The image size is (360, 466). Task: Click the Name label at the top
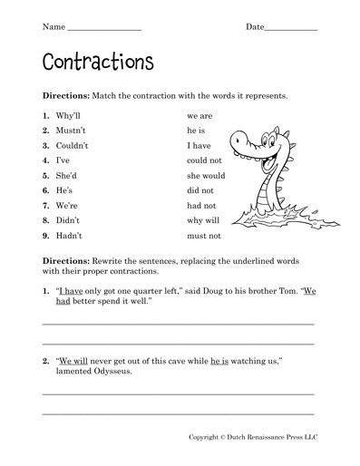click(x=54, y=27)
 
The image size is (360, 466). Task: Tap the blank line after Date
click(x=291, y=28)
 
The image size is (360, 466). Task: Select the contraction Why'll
click(x=69, y=116)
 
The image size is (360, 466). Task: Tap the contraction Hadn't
click(x=69, y=236)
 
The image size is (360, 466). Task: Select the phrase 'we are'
click(x=199, y=116)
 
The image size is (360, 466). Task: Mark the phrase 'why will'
click(x=202, y=220)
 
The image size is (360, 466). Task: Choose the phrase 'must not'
click(x=203, y=236)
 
